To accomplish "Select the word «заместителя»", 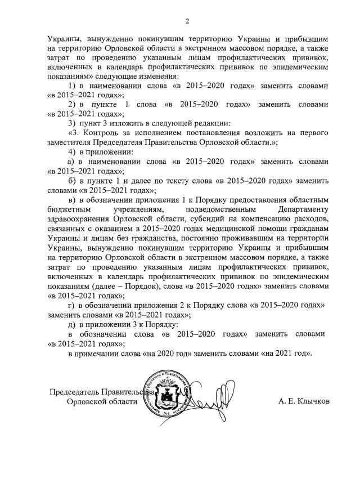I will click(x=70, y=143).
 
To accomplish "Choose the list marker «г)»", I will click(x=71, y=305).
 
